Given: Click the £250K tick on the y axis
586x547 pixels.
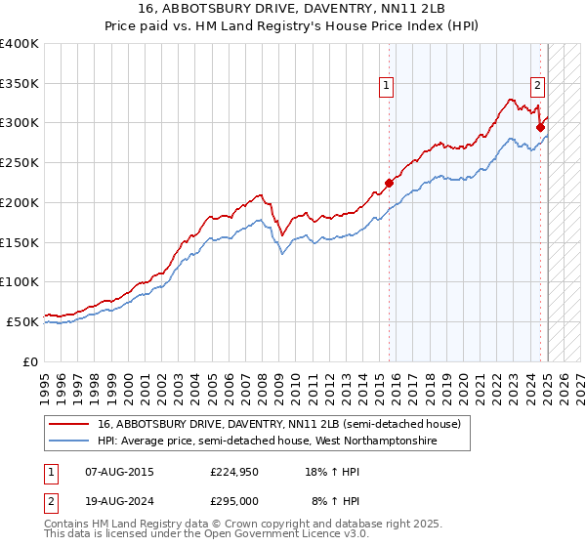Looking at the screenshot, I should pyautogui.click(x=20, y=162).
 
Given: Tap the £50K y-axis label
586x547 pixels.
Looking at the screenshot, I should pyautogui.click(x=22, y=321).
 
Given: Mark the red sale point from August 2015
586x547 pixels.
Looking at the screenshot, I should pyautogui.click(x=389, y=182).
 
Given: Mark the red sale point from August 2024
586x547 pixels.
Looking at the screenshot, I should pyautogui.click(x=540, y=126).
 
